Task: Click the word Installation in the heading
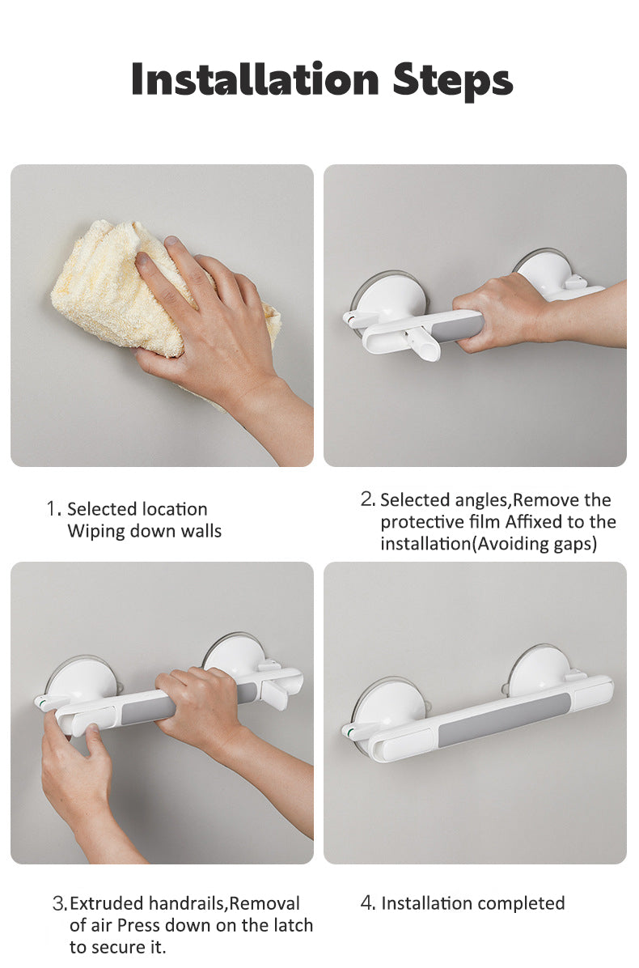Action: pos(256,79)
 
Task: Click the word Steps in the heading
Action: pos(453,82)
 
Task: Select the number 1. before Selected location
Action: pos(53,509)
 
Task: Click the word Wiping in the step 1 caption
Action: pos(95,532)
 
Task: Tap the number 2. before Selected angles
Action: pos(367,499)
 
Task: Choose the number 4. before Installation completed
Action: pos(367,903)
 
